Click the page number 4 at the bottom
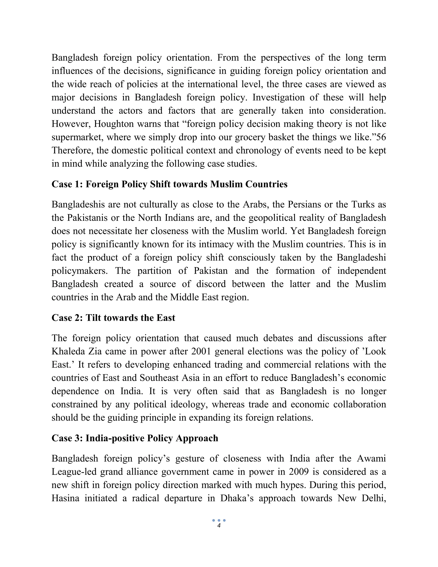click(x=219, y=526)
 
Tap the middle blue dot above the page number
click(x=219, y=520)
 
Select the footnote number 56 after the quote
click(x=381, y=137)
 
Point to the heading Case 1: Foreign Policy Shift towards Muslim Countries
click(x=169, y=184)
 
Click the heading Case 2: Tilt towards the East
click(x=113, y=318)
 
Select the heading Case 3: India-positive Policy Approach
click(x=135, y=438)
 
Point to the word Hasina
click(x=65, y=498)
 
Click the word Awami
click(x=371, y=458)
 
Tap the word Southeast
click(x=159, y=378)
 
